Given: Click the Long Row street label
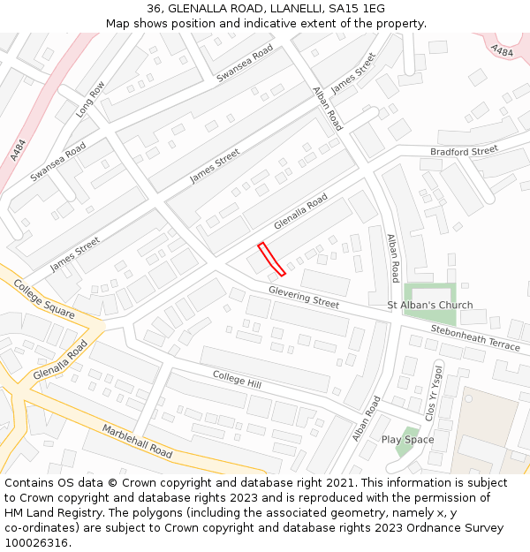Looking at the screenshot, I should tap(90, 99).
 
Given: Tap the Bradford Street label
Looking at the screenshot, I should tap(464, 152).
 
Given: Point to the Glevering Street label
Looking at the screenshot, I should tap(304, 297).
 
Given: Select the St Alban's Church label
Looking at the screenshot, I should tap(430, 306).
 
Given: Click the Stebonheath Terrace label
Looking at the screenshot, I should tap(475, 337).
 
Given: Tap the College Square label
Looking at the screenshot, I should tap(45, 300).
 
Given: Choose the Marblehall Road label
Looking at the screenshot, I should tap(136, 440).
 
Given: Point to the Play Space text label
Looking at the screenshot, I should tap(407, 440).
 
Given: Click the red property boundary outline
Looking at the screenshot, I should tap(271, 259).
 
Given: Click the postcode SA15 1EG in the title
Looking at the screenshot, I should tap(355, 9).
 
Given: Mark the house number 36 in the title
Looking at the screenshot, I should tap(155, 9).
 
